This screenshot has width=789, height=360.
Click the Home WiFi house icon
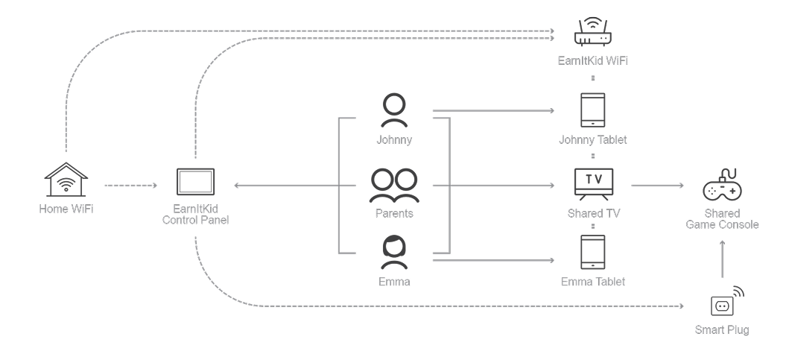[66, 182]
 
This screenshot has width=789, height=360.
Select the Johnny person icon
[393, 112]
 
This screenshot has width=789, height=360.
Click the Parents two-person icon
[393, 186]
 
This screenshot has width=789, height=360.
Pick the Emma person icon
[393, 253]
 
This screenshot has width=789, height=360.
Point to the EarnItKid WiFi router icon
[593, 33]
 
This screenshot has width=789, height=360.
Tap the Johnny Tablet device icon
[593, 110]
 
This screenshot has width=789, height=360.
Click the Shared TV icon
[593, 183]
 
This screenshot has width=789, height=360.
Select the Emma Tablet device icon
[593, 253]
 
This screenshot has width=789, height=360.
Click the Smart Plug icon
[722, 303]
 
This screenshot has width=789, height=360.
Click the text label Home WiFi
[66, 209]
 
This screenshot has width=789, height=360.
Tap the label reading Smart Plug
[722, 329]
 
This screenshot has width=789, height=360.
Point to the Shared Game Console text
[722, 219]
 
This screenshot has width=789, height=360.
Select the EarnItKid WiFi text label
[593, 60]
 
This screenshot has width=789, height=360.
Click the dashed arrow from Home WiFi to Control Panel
[130, 185]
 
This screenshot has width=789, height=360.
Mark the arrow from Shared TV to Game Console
[658, 186]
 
